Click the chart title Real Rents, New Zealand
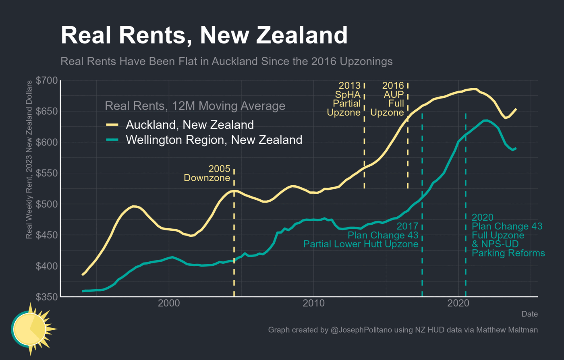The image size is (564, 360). [204, 35]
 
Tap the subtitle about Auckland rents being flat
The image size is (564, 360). [226, 62]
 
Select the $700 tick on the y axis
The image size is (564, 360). [47, 81]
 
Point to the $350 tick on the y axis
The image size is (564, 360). [47, 297]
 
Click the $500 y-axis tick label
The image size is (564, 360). [47, 204]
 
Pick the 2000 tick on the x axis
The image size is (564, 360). [169, 303]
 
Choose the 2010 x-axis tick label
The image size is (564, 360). [313, 303]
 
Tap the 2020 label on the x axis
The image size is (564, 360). [458, 303]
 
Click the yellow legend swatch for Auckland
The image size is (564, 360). [112, 125]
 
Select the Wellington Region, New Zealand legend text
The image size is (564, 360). [214, 140]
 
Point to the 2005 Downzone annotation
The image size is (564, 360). [207, 174]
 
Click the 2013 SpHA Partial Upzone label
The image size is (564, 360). [344, 99]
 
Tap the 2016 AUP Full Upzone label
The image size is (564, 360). [388, 99]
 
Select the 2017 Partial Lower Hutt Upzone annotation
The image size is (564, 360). [361, 235]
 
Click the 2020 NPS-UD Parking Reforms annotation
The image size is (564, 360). [508, 236]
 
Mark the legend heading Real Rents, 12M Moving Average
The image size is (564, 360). [195, 106]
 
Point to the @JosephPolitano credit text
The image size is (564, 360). [403, 330]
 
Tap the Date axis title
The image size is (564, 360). [529, 314]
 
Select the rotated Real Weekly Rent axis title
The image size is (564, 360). [29, 160]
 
